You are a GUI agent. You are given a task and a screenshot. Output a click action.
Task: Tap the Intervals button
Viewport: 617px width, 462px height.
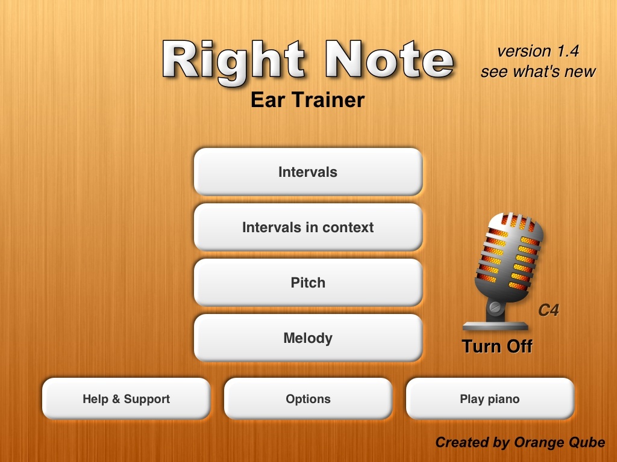pos(308,171)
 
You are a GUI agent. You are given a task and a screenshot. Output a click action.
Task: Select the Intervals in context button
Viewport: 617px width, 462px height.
pos(308,227)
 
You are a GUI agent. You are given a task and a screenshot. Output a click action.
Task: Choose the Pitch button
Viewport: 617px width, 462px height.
pos(308,283)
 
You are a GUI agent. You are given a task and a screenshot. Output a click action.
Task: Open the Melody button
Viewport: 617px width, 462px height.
pos(308,338)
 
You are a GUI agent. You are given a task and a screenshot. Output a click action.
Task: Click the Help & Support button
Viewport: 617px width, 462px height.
pos(127,399)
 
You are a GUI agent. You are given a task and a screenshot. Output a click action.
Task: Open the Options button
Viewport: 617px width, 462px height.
pos(308,399)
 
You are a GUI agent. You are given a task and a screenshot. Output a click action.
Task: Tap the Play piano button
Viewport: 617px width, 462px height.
pos(490,399)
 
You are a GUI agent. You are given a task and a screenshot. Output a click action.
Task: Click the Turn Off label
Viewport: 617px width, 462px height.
pos(497,346)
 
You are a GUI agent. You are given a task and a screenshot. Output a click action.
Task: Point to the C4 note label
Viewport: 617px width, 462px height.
pos(548,310)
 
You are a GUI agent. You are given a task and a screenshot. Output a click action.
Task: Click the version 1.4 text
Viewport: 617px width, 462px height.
pos(538,51)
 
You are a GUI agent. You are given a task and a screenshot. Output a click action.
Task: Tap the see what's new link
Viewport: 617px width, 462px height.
pos(538,72)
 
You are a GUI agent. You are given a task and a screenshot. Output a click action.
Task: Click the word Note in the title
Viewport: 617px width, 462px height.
pos(390,59)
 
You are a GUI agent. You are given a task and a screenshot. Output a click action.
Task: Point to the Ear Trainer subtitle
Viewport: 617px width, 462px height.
pos(308,100)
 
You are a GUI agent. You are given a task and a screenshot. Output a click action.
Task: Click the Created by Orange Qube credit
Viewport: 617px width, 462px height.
pos(520,443)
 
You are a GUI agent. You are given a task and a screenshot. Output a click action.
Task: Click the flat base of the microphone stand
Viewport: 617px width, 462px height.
pos(495,325)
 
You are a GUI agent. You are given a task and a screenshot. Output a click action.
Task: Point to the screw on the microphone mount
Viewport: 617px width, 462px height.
pos(495,306)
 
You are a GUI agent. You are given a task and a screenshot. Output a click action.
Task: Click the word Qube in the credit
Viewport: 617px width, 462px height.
pos(583,443)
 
